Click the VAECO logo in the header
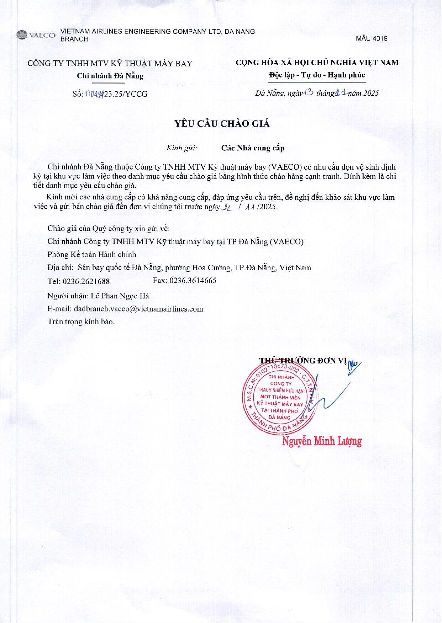tap(35, 35)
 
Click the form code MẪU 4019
tap(372, 39)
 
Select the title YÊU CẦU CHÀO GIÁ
tap(222, 124)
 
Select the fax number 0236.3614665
tap(193, 280)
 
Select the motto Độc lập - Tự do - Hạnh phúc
tap(317, 75)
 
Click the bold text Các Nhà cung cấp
tap(253, 148)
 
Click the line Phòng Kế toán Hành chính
tap(92, 255)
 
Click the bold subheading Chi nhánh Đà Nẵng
tap(110, 76)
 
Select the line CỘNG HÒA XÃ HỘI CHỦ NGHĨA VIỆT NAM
tap(317, 63)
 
